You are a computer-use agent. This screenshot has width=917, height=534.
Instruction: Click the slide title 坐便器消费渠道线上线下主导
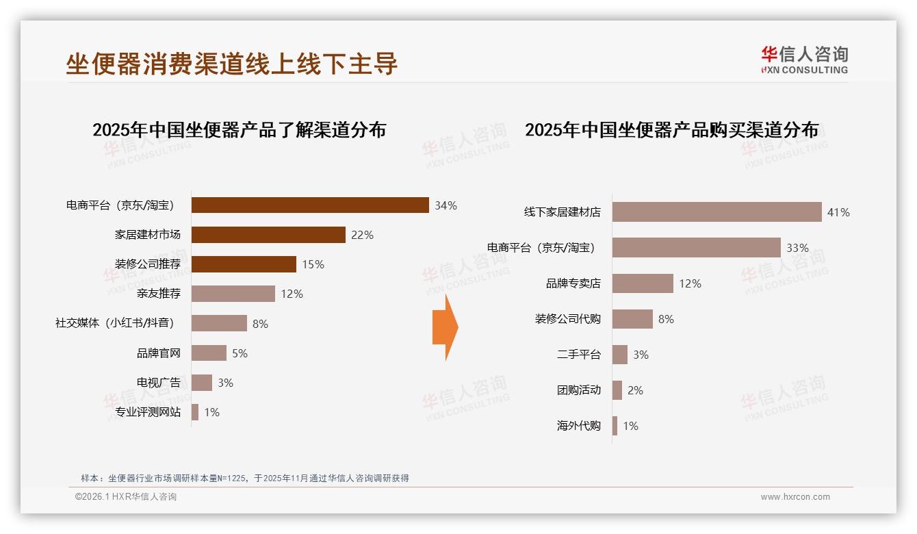(231, 64)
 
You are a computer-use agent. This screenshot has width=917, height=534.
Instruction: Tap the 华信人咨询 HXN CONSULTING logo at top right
(804, 60)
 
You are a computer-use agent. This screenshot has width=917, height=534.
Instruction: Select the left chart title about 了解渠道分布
(239, 129)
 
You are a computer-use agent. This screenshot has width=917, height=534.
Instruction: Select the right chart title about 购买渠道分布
(671, 129)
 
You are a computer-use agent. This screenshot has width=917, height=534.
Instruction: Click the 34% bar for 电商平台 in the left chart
(309, 205)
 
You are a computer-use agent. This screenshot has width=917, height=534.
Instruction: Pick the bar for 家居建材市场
(268, 235)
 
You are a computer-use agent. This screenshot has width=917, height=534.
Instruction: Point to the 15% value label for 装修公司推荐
(313, 264)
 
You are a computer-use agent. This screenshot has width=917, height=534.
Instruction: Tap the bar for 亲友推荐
(233, 294)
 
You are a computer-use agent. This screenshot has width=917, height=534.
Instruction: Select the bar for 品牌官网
(209, 353)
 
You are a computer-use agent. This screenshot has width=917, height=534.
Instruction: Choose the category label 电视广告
(159, 383)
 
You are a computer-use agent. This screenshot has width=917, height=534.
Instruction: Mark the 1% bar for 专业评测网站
(195, 412)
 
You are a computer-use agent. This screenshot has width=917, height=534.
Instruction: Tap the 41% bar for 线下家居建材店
(716, 212)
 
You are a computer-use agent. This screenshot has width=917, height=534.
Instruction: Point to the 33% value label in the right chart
(797, 248)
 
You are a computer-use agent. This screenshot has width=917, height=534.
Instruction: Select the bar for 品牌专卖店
(643, 283)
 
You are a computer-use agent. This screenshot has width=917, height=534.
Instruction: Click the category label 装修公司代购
(567, 319)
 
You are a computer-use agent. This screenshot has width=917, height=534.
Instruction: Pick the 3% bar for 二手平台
(620, 355)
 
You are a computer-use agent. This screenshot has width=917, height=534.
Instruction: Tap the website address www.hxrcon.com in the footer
(795, 497)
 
